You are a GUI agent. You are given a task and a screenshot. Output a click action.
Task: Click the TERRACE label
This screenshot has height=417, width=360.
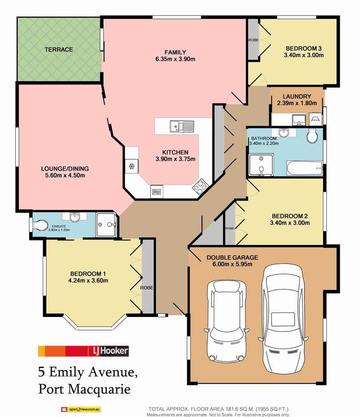click(58, 50)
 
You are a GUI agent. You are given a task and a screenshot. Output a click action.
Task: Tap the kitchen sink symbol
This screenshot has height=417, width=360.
click(182, 126)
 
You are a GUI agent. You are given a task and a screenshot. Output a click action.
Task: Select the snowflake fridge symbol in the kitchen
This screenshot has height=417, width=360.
click(131, 167)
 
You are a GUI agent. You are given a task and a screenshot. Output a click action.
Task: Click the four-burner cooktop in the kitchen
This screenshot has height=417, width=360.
click(200, 186)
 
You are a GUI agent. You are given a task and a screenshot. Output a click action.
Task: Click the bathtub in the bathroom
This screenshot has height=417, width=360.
click(305, 168)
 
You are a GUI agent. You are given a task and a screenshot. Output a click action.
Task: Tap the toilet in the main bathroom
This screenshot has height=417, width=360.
click(312, 136)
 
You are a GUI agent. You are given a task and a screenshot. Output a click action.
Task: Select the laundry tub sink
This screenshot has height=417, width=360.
click(299, 120)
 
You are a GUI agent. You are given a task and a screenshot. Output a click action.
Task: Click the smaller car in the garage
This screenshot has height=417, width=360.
click(226, 321)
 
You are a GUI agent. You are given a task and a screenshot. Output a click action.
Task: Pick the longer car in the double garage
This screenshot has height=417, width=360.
click(283, 319)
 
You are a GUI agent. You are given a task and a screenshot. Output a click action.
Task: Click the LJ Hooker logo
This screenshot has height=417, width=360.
click(83, 351)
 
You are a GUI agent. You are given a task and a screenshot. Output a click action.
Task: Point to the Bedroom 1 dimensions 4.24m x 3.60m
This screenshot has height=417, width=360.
click(88, 280)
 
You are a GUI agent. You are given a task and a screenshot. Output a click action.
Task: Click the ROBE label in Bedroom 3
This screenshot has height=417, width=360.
click(253, 40)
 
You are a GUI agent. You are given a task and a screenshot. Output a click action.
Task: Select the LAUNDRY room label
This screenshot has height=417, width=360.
click(297, 96)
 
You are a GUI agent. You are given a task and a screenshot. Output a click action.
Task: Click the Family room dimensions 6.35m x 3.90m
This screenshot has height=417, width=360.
click(175, 59)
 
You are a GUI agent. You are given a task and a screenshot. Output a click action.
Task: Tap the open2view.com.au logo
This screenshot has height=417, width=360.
click(81, 409)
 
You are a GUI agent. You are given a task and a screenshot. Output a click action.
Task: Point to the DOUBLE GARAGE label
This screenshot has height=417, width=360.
click(232, 258)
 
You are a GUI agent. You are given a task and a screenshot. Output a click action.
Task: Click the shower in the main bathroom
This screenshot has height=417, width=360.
click(261, 165)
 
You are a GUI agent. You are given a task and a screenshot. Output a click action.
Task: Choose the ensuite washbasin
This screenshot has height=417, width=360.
click(75, 217)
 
